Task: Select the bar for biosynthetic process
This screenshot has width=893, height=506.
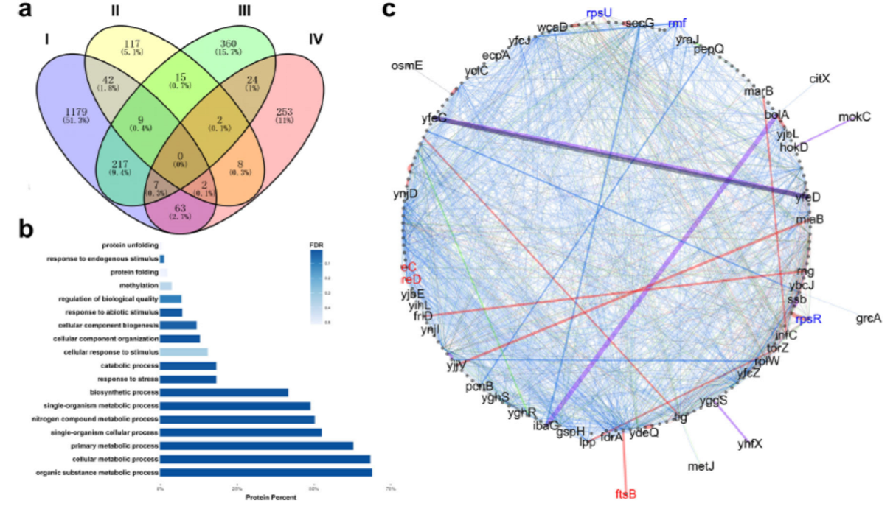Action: pyautogui.click(x=224, y=393)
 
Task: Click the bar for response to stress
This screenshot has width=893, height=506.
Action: pyautogui.click(x=188, y=379)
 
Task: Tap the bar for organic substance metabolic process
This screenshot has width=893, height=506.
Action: pyautogui.click(x=266, y=472)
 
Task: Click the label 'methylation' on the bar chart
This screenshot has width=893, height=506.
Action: pyautogui.click(x=138, y=285)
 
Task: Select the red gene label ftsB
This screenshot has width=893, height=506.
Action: pyautogui.click(x=627, y=493)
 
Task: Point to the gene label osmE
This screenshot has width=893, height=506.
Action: pyautogui.click(x=407, y=66)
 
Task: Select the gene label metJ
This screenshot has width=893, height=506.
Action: pyautogui.click(x=700, y=465)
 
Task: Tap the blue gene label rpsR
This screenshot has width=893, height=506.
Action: pyautogui.click(x=809, y=319)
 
